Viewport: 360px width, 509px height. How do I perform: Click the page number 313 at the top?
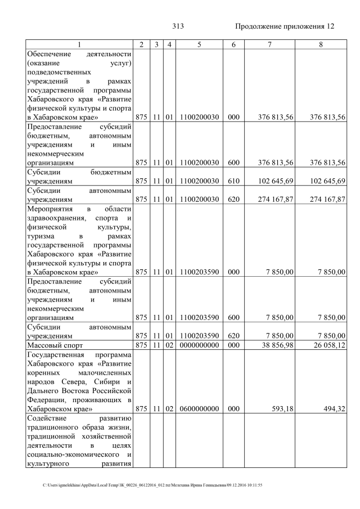coord(178,26)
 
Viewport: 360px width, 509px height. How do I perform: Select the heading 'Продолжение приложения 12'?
coord(284,26)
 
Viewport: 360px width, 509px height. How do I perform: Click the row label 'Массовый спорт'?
coord(52,344)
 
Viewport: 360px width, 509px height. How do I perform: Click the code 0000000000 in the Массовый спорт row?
coord(199,344)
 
